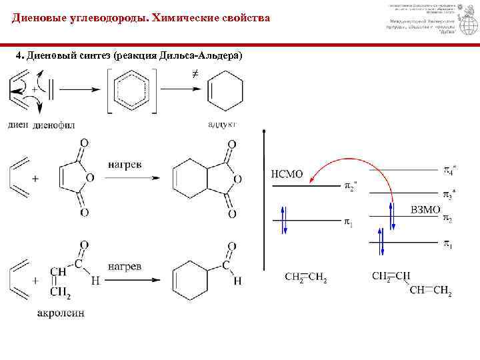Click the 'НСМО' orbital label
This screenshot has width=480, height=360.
coord(287,174)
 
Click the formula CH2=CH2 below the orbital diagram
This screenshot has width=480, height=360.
coord(306,277)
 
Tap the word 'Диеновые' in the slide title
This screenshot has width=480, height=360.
coord(39,18)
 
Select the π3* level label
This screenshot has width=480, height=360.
coord(450,194)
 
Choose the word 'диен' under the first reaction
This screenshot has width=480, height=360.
coord(18,125)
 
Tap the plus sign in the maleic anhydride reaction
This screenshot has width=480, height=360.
coord(35,179)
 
